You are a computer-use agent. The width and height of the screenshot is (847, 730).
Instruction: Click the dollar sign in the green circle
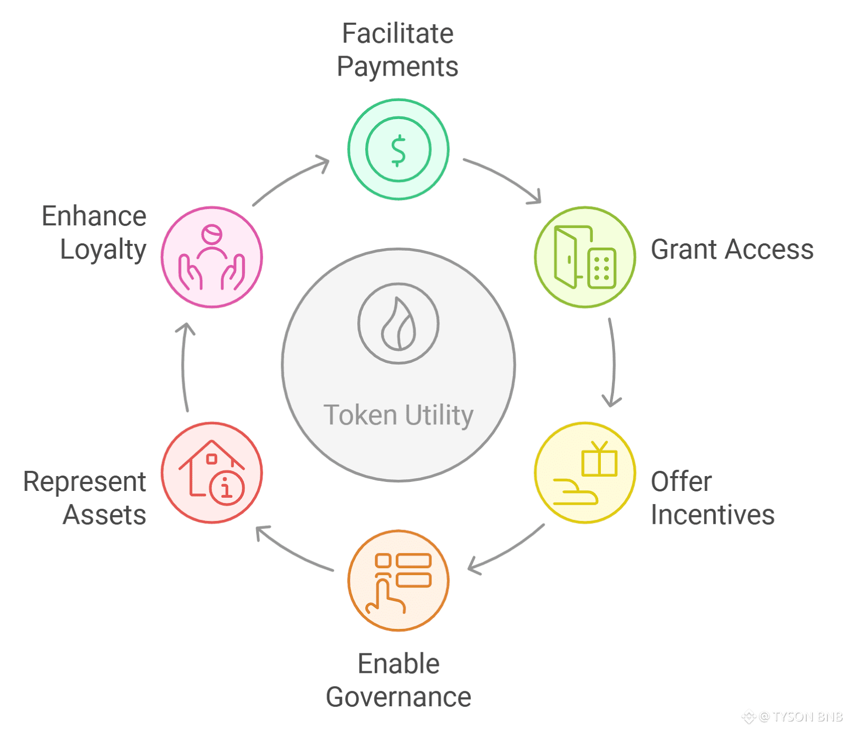[x=398, y=150]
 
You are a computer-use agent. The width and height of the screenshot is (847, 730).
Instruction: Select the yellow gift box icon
[x=599, y=460]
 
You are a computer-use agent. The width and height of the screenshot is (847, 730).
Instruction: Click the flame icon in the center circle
[x=399, y=324]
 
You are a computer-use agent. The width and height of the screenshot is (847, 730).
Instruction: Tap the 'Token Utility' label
[x=398, y=415]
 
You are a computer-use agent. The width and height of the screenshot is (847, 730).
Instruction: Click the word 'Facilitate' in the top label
[x=398, y=33]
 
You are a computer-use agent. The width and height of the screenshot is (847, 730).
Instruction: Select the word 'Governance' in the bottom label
[x=399, y=697]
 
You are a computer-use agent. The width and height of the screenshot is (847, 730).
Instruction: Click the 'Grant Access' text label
[x=732, y=250]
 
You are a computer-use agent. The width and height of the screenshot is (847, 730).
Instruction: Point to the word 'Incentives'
[x=713, y=515]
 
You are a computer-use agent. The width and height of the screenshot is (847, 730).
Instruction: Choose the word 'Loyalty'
[x=103, y=250]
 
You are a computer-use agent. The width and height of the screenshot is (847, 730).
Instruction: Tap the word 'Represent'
[x=85, y=482]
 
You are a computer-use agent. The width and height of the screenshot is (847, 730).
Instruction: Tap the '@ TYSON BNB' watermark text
[x=800, y=717]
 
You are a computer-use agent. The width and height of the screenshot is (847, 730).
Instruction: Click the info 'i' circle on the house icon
[x=227, y=488]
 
